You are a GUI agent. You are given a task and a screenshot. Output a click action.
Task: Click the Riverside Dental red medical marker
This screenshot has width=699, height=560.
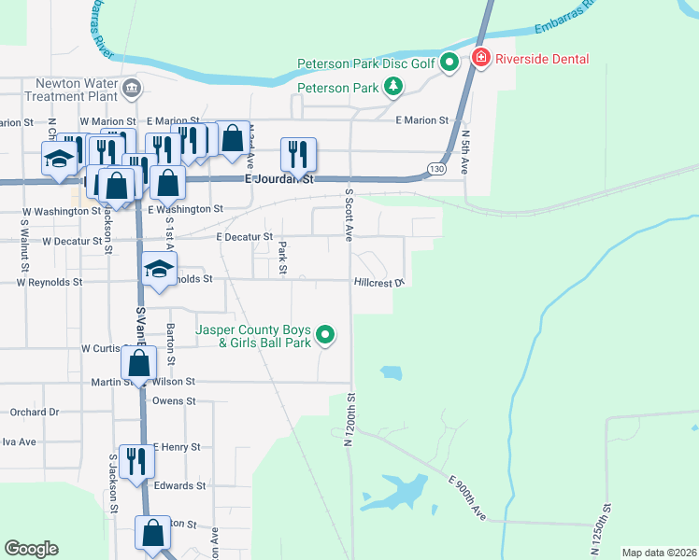(x=480, y=59)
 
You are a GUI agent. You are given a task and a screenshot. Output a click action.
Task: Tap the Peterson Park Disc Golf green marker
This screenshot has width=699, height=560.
(x=449, y=63)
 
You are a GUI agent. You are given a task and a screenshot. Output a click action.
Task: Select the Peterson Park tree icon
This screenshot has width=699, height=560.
(x=394, y=89)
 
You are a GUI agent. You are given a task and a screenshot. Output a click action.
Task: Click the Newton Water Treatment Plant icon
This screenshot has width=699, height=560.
(x=131, y=89)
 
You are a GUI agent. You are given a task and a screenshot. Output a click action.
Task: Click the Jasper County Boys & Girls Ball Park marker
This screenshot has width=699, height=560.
(x=325, y=333)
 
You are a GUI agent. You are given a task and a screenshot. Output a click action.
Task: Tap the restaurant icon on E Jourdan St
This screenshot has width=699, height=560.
(x=298, y=154)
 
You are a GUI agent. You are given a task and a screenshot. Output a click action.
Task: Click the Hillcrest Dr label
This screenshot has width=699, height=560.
(x=378, y=282)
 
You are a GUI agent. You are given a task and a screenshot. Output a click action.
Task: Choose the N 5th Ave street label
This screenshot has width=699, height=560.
(x=464, y=152)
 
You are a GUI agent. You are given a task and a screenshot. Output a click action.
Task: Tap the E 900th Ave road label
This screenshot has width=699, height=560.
(x=467, y=497)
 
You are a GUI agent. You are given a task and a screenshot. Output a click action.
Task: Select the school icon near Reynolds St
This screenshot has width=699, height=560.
(x=159, y=271)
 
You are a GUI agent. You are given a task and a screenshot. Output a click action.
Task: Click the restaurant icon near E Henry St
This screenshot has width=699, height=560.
(x=136, y=460)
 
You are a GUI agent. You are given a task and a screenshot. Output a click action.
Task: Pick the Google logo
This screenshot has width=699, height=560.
(x=31, y=549)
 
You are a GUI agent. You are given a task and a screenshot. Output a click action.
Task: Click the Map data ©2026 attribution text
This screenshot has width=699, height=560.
(x=659, y=553)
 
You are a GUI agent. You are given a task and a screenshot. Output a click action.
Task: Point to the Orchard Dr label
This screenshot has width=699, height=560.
(x=35, y=412)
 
